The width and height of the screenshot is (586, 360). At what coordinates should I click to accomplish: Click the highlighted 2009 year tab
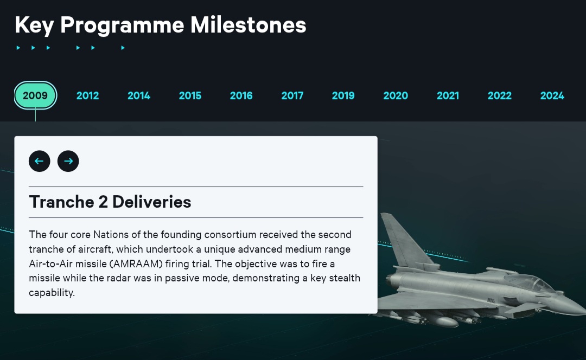point(35,95)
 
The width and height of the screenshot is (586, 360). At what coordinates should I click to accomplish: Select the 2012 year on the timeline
point(87,95)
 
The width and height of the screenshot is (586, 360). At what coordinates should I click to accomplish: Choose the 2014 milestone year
point(139,95)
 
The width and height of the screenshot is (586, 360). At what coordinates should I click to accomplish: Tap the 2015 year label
point(190,95)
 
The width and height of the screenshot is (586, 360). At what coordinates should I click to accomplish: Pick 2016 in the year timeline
point(241,95)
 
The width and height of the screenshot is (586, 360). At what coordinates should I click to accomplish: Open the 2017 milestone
point(292,95)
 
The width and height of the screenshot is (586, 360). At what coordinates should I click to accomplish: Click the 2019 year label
point(343,95)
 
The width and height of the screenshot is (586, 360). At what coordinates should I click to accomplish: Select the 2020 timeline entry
point(396,95)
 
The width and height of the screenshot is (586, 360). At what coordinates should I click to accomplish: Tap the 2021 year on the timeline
point(448,95)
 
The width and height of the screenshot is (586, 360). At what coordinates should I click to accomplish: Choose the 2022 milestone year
point(499,95)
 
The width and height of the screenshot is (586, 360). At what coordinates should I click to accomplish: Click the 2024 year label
point(552,95)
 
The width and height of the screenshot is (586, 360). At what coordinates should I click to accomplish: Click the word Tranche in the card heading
point(61,202)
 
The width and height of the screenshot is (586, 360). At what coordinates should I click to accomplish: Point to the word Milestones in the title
point(248,25)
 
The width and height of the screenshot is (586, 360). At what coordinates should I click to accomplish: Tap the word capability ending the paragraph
point(52,293)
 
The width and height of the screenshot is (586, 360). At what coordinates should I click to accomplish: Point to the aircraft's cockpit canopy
point(531,282)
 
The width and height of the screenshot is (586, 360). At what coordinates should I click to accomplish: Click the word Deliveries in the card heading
point(152,202)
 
